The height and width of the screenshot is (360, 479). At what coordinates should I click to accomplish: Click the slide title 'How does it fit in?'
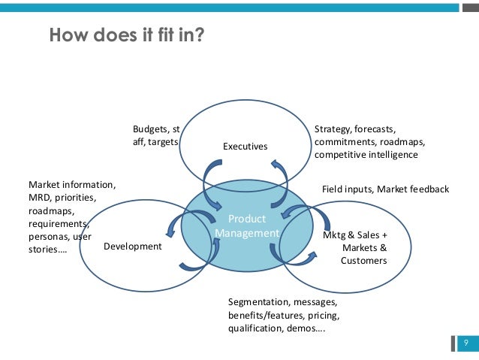tap(125, 35)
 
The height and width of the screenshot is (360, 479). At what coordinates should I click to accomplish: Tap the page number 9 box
tap(466, 343)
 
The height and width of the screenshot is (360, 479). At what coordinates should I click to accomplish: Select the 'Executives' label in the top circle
tap(245, 146)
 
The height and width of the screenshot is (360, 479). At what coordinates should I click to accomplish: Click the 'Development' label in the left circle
tap(132, 247)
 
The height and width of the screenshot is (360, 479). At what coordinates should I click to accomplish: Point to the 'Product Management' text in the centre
tap(246, 226)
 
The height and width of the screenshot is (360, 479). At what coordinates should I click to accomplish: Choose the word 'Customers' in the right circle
tap(363, 261)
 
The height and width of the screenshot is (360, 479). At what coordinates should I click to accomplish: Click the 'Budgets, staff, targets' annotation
tap(156, 135)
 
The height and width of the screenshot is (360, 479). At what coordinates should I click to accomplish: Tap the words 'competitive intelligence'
tap(366, 155)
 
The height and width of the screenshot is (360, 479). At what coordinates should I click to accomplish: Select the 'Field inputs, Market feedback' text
tap(385, 189)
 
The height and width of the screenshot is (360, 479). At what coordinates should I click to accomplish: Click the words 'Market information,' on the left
tap(72, 184)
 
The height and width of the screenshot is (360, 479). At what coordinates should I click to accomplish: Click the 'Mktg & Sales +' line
tap(354, 234)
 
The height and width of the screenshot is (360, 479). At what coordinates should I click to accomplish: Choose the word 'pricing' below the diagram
tap(322, 316)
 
